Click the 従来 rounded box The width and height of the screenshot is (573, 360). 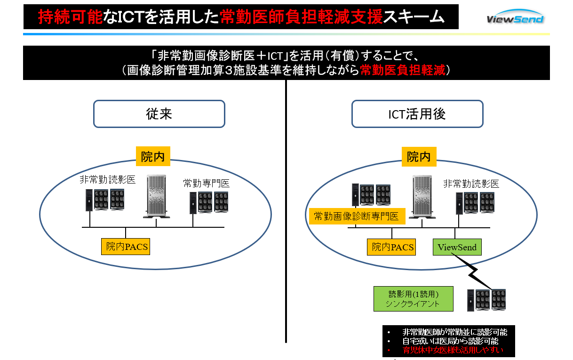coord(159,114)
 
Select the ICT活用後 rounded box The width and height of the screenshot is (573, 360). coord(417,114)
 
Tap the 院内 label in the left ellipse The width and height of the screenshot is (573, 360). coord(153,157)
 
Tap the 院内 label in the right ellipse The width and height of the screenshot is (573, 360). coord(419,157)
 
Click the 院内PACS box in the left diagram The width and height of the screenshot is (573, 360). coord(126,246)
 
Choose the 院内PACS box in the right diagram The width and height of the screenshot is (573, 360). coord(391,247)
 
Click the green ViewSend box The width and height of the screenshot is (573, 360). coord(457,247)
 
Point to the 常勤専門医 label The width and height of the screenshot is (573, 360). coord(207,184)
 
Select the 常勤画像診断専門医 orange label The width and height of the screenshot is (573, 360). coord(357,216)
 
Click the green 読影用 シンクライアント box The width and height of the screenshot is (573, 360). coord(413,299)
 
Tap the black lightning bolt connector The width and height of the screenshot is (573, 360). coord(473,272)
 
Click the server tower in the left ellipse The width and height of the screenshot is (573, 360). coord(158,197)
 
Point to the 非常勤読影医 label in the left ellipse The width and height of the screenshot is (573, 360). coord(107,180)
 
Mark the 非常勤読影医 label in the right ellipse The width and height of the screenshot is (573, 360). coord(471,184)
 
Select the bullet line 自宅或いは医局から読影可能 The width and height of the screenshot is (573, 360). coord(450,341)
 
